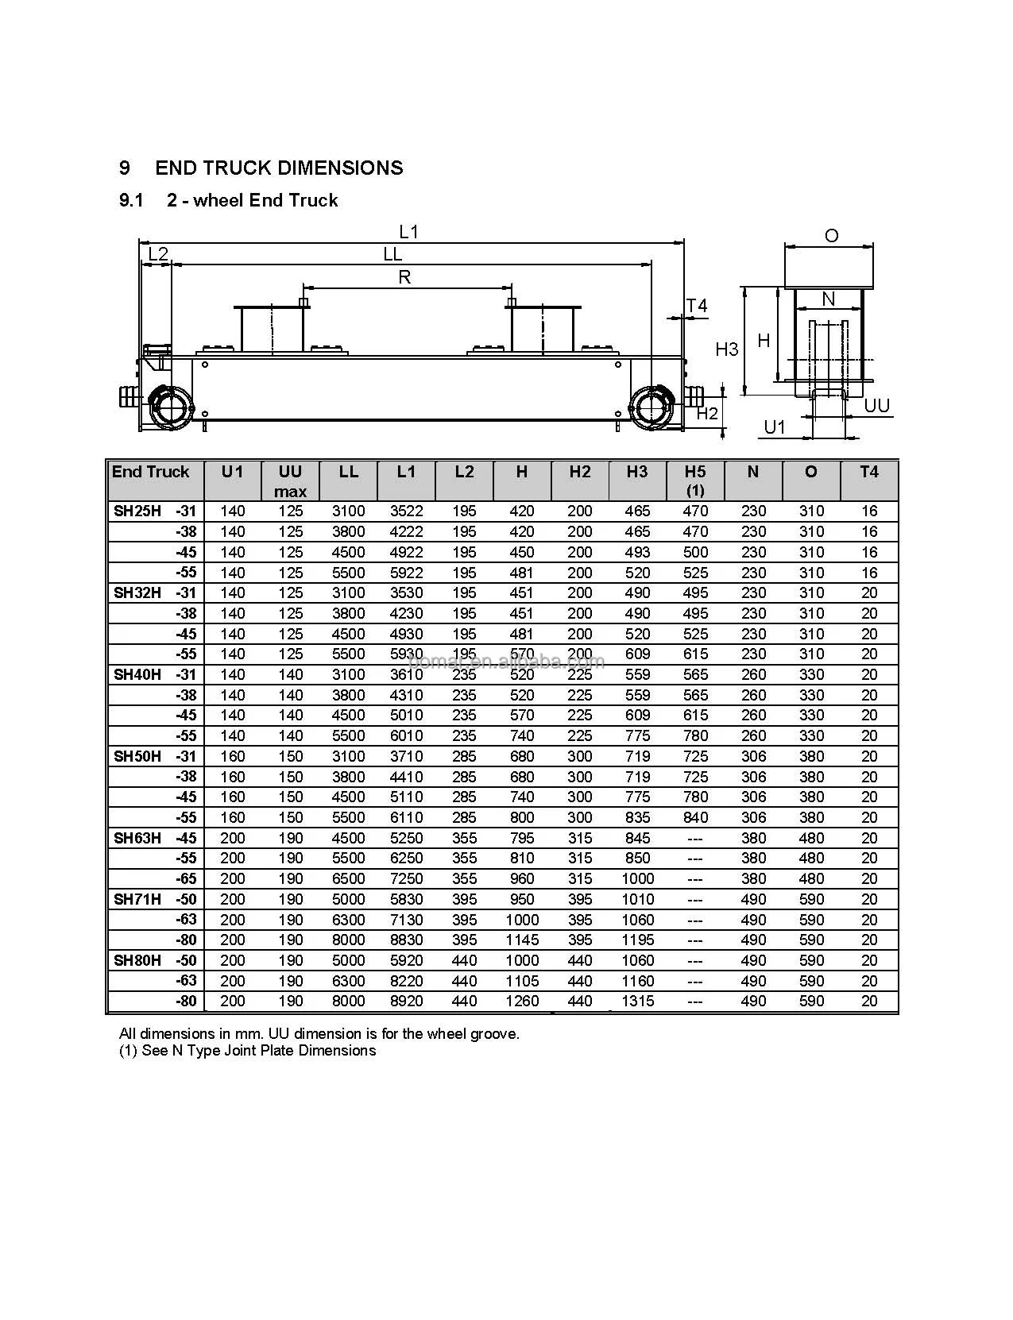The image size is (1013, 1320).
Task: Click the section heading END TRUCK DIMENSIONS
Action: (279, 168)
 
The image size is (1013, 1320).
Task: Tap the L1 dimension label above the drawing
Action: (408, 232)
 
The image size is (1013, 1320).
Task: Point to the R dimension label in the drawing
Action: (404, 277)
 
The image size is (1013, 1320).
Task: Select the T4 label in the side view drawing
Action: (697, 306)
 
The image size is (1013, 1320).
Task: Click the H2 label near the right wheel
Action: (707, 413)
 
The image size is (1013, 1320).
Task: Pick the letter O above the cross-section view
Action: (831, 236)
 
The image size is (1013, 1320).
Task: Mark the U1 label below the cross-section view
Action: (775, 427)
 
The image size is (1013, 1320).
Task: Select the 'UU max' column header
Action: (290, 481)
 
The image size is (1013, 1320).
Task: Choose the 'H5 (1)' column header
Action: (695, 481)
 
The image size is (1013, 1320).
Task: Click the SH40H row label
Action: (137, 675)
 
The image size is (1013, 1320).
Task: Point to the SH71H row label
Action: (137, 899)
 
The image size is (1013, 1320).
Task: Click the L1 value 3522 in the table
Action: (406, 511)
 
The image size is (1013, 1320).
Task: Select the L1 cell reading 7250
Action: (406, 879)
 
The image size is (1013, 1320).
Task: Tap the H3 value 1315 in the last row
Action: (638, 1002)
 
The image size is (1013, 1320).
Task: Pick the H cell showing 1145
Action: (522, 940)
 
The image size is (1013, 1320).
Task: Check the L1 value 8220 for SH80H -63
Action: (406, 981)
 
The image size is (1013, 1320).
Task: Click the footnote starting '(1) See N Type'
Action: (247, 1051)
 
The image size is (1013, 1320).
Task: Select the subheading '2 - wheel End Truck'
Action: (252, 200)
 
